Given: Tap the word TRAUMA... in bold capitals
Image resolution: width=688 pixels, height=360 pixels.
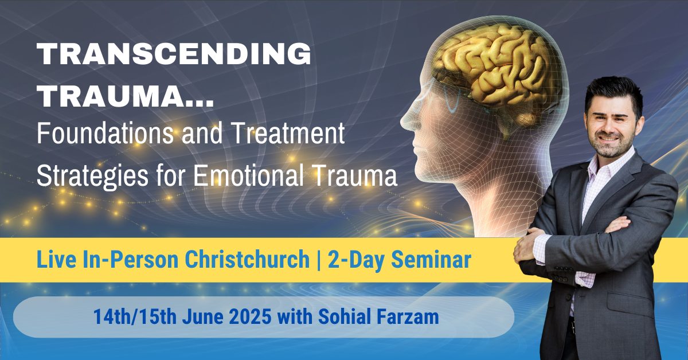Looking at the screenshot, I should point(126,97).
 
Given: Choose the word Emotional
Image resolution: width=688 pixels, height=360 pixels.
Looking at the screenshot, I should point(264,176).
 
